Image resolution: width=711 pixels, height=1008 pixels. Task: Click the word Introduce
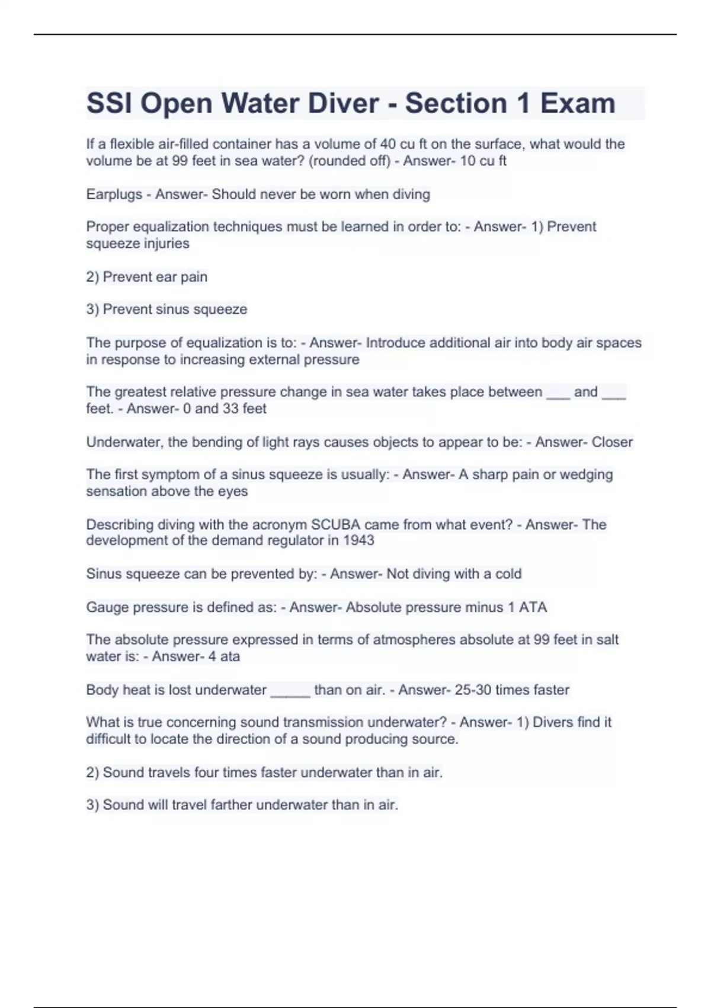click(395, 343)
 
